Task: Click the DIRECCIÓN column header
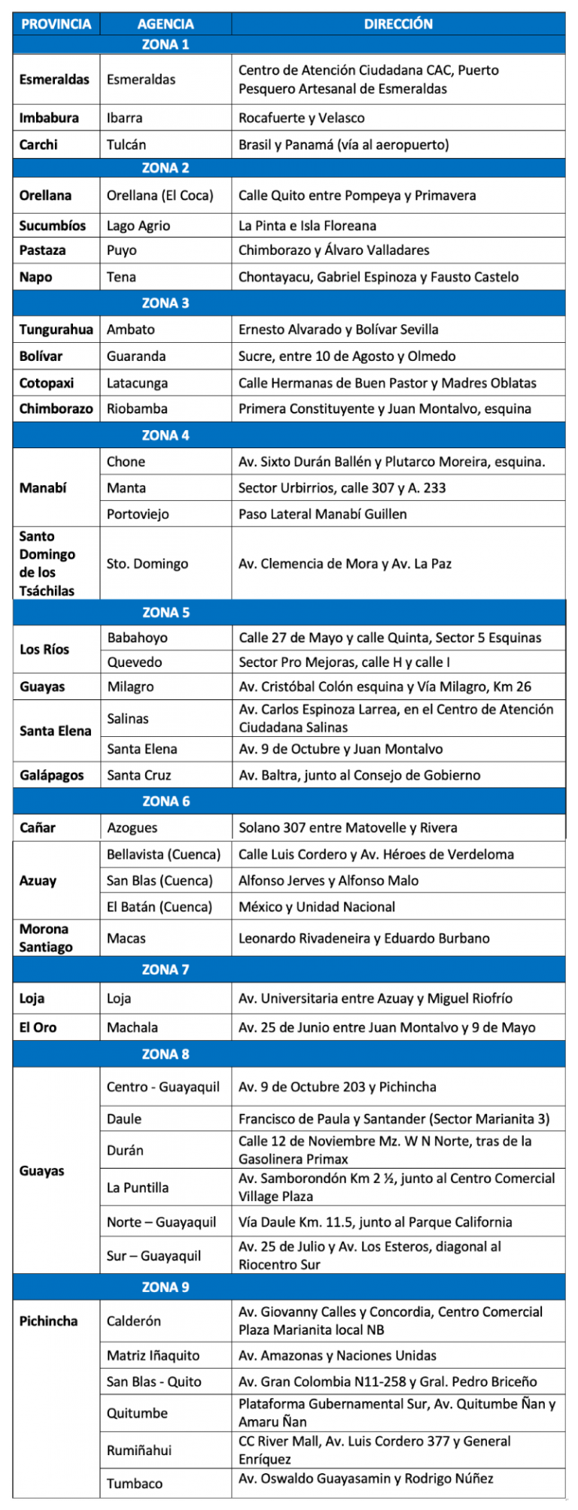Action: click(398, 24)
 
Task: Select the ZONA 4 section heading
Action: click(166, 435)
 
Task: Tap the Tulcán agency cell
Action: click(126, 144)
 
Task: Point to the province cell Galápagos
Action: click(52, 775)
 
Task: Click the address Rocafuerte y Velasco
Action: click(301, 118)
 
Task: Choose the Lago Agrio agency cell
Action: click(138, 226)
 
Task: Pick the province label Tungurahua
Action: click(56, 329)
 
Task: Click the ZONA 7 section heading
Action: click(166, 969)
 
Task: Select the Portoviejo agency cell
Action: click(138, 514)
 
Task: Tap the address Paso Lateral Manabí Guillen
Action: click(322, 514)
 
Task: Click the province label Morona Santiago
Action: click(46, 938)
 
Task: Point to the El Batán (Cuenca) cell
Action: click(160, 907)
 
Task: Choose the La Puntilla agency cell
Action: click(138, 1187)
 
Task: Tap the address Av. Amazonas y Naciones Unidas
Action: click(337, 1356)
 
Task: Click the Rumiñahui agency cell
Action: click(139, 1450)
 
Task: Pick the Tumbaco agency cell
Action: click(135, 1483)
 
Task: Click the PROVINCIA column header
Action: click(56, 24)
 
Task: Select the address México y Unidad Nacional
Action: click(316, 907)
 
